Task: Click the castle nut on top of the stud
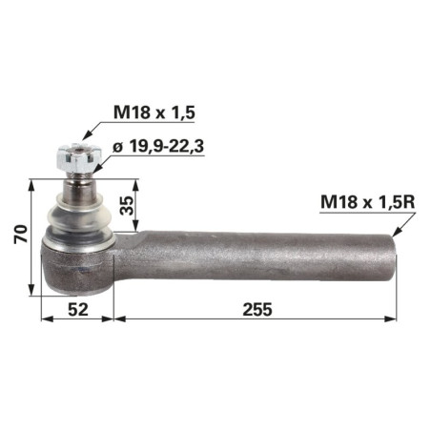pyautogui.click(x=78, y=157)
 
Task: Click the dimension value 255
pyautogui.click(x=257, y=309)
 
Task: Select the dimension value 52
pyautogui.click(x=78, y=309)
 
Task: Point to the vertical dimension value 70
pyautogui.click(x=21, y=235)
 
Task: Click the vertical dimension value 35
pyautogui.click(x=128, y=206)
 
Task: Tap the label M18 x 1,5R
pyautogui.click(x=368, y=202)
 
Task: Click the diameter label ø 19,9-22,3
pyautogui.click(x=158, y=147)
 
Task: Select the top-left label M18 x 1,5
pyautogui.click(x=154, y=113)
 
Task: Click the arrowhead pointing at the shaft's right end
pyautogui.click(x=396, y=232)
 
